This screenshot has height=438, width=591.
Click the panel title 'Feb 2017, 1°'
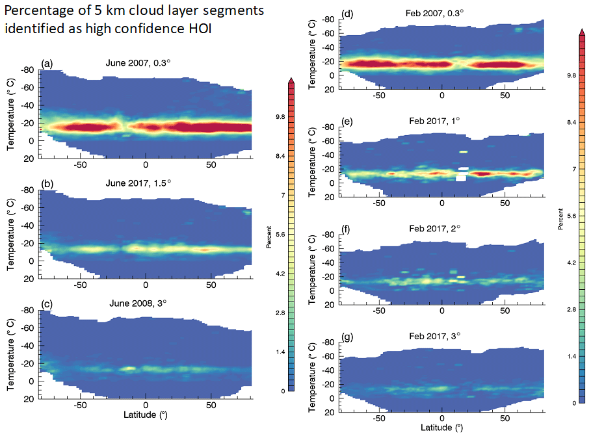coord(434,122)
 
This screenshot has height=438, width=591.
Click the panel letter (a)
coord(46,63)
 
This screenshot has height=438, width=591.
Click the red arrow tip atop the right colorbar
coord(580,31)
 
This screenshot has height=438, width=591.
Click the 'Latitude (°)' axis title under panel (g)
coord(442,428)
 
